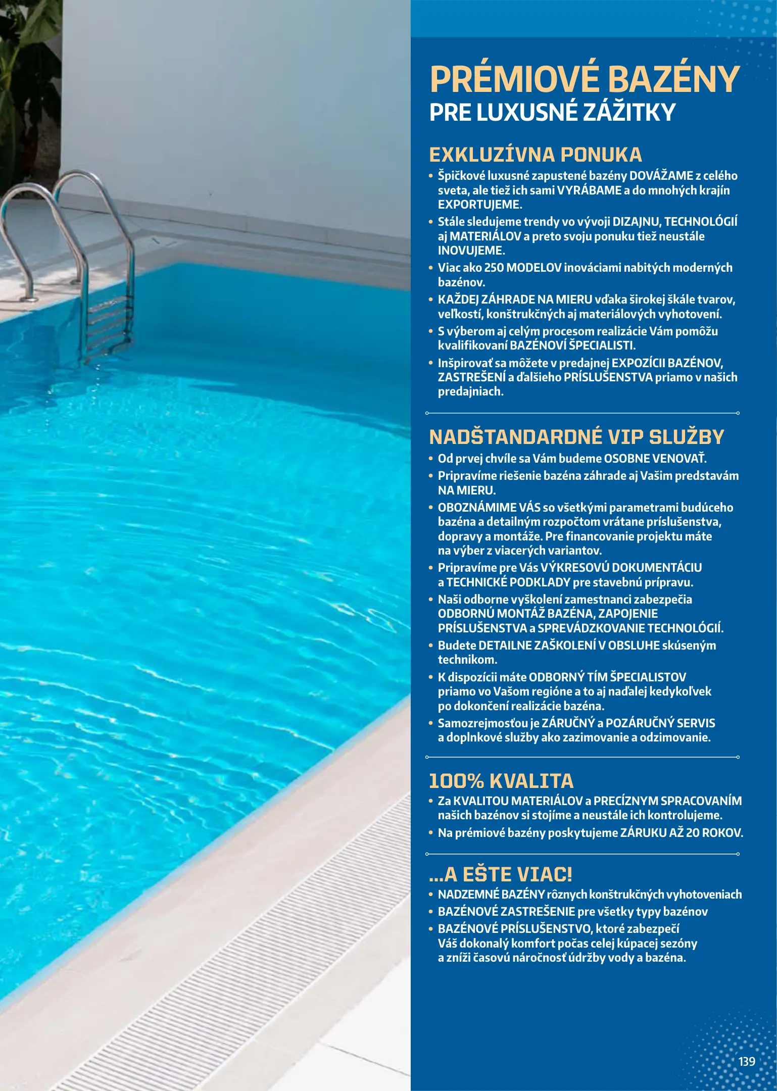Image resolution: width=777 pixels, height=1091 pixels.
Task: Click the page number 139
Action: pos(746,1061)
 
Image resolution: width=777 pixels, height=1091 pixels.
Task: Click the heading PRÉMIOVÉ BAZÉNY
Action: pos(585,80)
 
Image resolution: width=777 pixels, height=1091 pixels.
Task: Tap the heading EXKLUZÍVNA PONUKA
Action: pos(536,155)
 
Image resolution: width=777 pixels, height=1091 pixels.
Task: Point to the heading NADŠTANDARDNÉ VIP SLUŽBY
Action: pos(576,437)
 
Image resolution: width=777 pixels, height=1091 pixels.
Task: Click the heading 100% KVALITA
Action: pos(501,781)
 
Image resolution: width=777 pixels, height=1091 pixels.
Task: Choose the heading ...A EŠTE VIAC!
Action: pos(500,874)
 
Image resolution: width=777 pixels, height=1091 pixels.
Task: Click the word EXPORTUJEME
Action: pos(479,205)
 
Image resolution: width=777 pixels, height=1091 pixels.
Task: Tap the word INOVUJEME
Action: pos(471,251)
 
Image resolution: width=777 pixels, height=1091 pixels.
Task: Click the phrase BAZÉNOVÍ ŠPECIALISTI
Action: pos(572,345)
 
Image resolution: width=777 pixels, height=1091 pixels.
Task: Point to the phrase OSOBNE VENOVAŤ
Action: pos(655,459)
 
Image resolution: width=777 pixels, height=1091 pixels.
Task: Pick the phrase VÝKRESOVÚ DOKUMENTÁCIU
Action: pos(621,567)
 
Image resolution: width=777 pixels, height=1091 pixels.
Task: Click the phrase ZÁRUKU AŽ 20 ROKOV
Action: pos(682,832)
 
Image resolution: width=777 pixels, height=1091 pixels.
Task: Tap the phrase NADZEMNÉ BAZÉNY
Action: pos(491,894)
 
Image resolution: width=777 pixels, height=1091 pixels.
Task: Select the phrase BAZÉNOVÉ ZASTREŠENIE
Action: pos(506,911)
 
